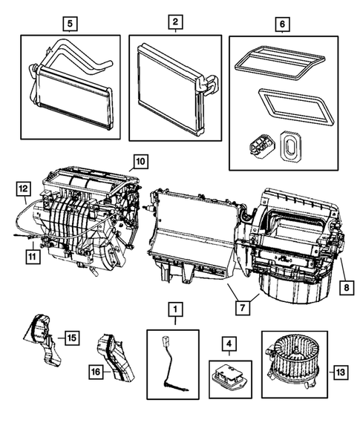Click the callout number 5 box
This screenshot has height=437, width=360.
point(70,24)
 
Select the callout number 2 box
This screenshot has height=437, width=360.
point(174,24)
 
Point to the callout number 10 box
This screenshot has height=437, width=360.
point(140,160)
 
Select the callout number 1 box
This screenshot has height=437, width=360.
point(174,308)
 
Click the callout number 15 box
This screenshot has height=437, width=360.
point(71,338)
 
